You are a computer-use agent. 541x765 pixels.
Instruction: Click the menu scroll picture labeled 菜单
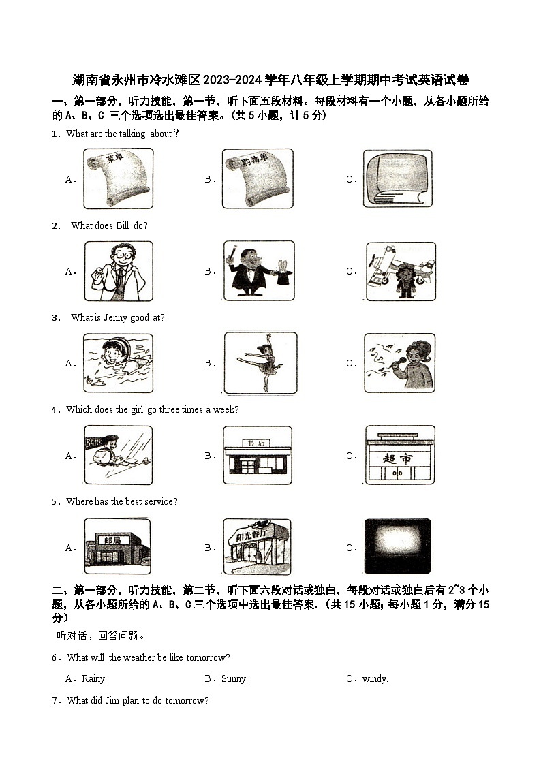(117, 178)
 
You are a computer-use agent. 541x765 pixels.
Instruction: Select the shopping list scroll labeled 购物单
(257, 178)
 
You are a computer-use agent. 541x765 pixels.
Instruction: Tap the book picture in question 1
(397, 178)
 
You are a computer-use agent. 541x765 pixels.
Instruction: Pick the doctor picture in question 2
(117, 270)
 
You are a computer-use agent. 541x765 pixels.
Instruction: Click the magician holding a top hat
(258, 270)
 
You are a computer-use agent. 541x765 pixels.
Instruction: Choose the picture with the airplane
(400, 270)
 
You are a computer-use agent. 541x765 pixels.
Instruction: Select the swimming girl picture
(117, 362)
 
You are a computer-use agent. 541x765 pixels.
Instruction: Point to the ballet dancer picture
(260, 362)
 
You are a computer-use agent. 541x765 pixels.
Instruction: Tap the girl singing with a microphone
(399, 362)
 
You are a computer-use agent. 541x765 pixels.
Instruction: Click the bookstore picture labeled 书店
(257, 455)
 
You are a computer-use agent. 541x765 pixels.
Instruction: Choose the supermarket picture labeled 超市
(399, 455)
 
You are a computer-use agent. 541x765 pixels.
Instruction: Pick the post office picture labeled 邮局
(117, 546)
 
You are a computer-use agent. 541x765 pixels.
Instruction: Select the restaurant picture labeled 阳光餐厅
(257, 546)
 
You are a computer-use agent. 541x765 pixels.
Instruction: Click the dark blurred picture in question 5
(397, 546)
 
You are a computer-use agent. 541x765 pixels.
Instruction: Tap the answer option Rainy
(94, 678)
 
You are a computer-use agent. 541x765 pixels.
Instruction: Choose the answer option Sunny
(234, 678)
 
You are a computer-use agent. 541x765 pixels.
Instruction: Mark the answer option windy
(375, 678)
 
